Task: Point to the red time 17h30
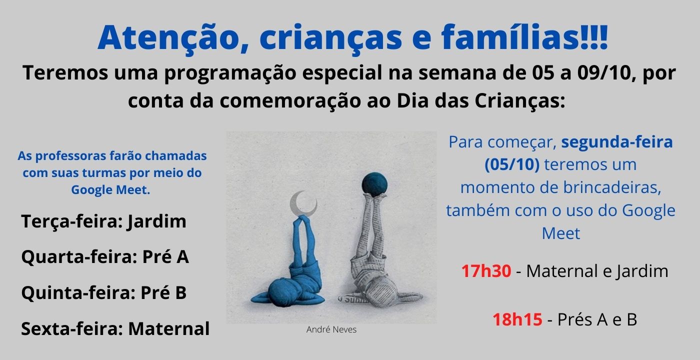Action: coord(486,271)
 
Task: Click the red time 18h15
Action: coord(517,319)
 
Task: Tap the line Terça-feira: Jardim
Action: coord(104,222)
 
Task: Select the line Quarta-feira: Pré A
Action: coord(105,257)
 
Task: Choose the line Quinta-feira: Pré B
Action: coord(104,293)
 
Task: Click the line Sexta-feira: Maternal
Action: coord(115,329)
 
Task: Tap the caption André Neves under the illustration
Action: coord(331,329)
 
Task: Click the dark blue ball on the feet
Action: coord(374,184)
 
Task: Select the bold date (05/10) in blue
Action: coord(512,164)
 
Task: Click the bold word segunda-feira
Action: coord(617,142)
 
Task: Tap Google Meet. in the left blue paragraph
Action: coord(110,190)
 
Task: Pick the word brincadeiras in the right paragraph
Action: coord(612,187)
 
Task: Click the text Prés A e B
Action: coord(597,319)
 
